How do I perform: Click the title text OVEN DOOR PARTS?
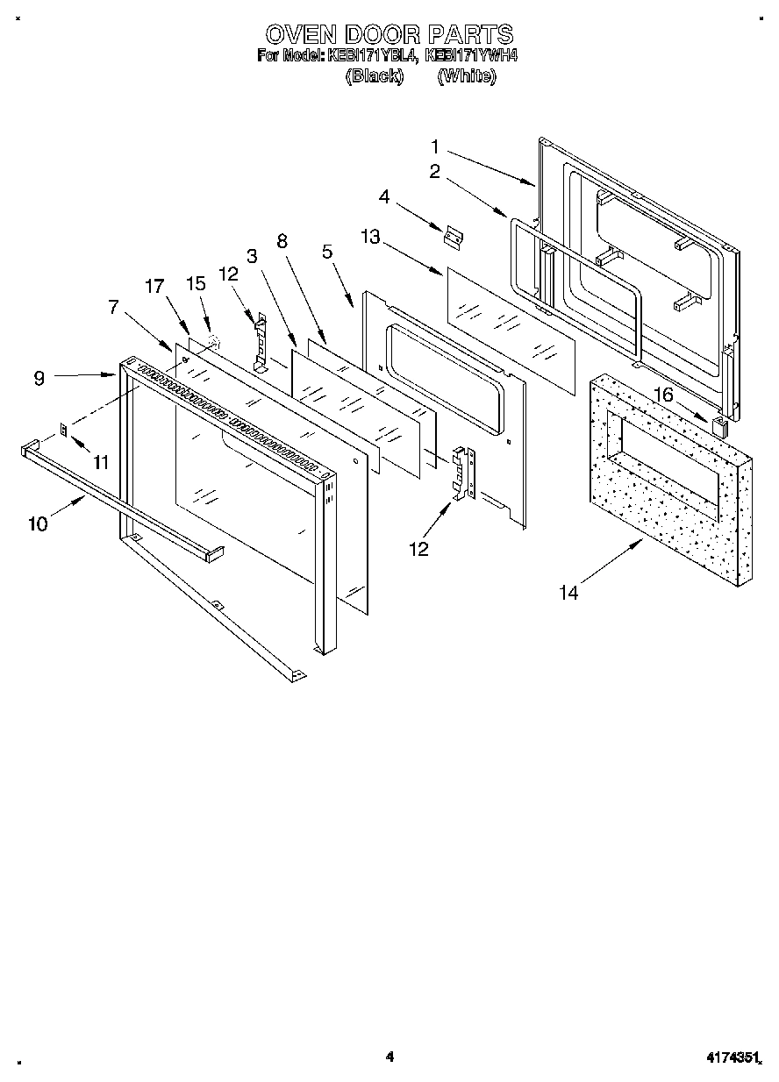click(x=389, y=34)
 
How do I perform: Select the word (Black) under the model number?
click(x=375, y=76)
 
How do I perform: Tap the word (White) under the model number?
click(x=467, y=76)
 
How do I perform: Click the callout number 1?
click(x=435, y=146)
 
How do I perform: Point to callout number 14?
click(x=569, y=593)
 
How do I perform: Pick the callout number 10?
click(x=38, y=523)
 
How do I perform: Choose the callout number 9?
click(x=39, y=379)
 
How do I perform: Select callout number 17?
click(x=154, y=285)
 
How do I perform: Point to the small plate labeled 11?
click(x=64, y=429)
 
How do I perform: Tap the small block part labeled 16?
click(x=719, y=427)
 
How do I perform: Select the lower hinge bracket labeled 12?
click(x=462, y=474)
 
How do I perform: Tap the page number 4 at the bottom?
click(x=389, y=1057)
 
